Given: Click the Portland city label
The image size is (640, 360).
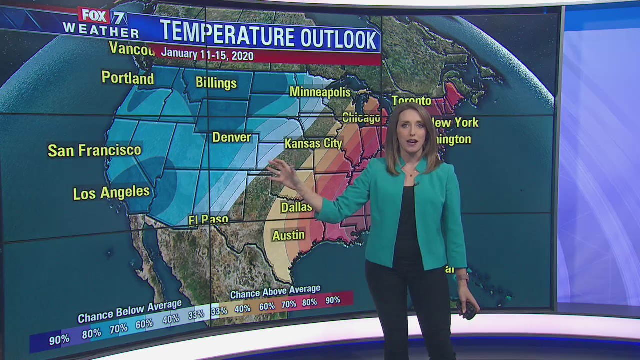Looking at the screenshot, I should pyautogui.click(x=128, y=78).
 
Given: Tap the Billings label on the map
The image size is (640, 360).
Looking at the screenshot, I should pyautogui.click(x=216, y=82).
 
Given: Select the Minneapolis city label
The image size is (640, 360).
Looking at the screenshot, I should pyautogui.click(x=320, y=92).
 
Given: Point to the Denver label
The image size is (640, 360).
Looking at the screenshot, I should pyautogui.click(x=231, y=137).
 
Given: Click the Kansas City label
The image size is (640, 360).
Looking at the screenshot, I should pyautogui.click(x=313, y=143).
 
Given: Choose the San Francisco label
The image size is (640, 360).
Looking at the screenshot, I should pyautogui.click(x=94, y=150).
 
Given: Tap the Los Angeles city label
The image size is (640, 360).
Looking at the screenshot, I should pyautogui.click(x=111, y=193).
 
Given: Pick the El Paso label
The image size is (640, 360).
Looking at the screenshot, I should pyautogui.click(x=208, y=220).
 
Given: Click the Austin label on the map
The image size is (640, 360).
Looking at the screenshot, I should pyautogui.click(x=288, y=235).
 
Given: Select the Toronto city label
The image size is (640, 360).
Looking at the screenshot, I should pyautogui.click(x=411, y=101).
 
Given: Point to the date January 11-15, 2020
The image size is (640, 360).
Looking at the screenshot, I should pyautogui.click(x=207, y=55).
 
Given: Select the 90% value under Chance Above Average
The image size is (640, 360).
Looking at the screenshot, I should pyautogui.click(x=332, y=300).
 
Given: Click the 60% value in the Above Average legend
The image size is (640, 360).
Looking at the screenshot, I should pyautogui.click(x=267, y=306).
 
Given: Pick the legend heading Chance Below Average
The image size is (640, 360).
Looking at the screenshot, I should pyautogui.click(x=129, y=310).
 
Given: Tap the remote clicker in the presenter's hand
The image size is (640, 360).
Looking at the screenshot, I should pyautogui.click(x=468, y=310).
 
